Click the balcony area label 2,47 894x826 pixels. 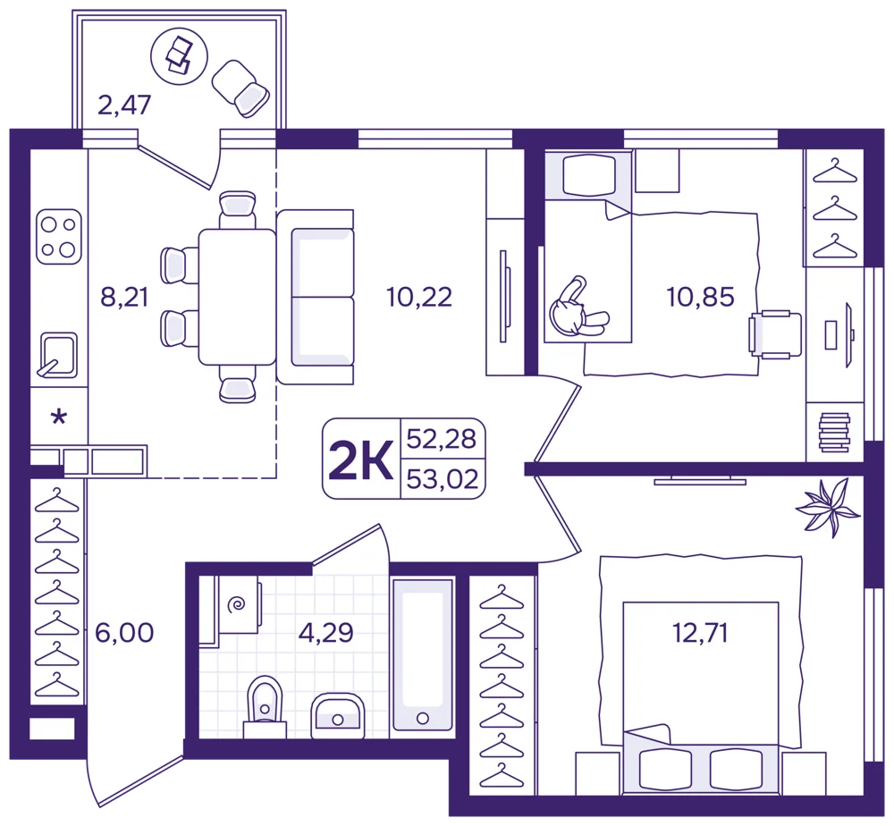click(x=124, y=105)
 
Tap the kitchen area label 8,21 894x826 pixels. click(x=124, y=297)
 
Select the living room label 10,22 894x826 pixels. click(x=419, y=297)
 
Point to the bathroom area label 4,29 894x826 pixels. click(x=325, y=633)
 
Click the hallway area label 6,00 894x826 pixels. click(x=124, y=633)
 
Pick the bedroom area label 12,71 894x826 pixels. click(x=700, y=633)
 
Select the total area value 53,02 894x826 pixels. click(x=443, y=479)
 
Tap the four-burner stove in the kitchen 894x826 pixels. click(x=59, y=237)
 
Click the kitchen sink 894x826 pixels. click(x=57, y=355)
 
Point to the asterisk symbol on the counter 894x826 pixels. click(x=59, y=417)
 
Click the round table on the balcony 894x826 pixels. click(x=179, y=55)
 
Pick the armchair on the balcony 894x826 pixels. click(x=240, y=88)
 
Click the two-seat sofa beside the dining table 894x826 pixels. click(x=316, y=297)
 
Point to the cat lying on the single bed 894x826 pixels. click(x=577, y=308)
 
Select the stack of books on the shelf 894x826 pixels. click(x=834, y=433)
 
